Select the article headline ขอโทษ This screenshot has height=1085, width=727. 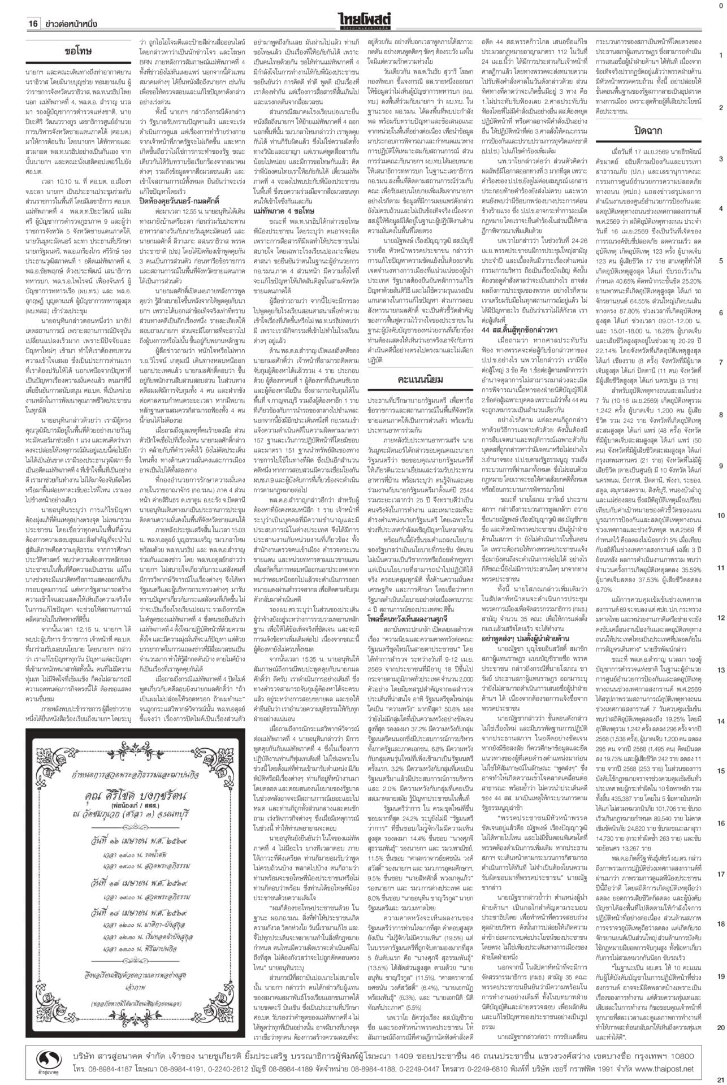(x=78, y=51)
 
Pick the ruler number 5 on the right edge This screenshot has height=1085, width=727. (x=721, y=261)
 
